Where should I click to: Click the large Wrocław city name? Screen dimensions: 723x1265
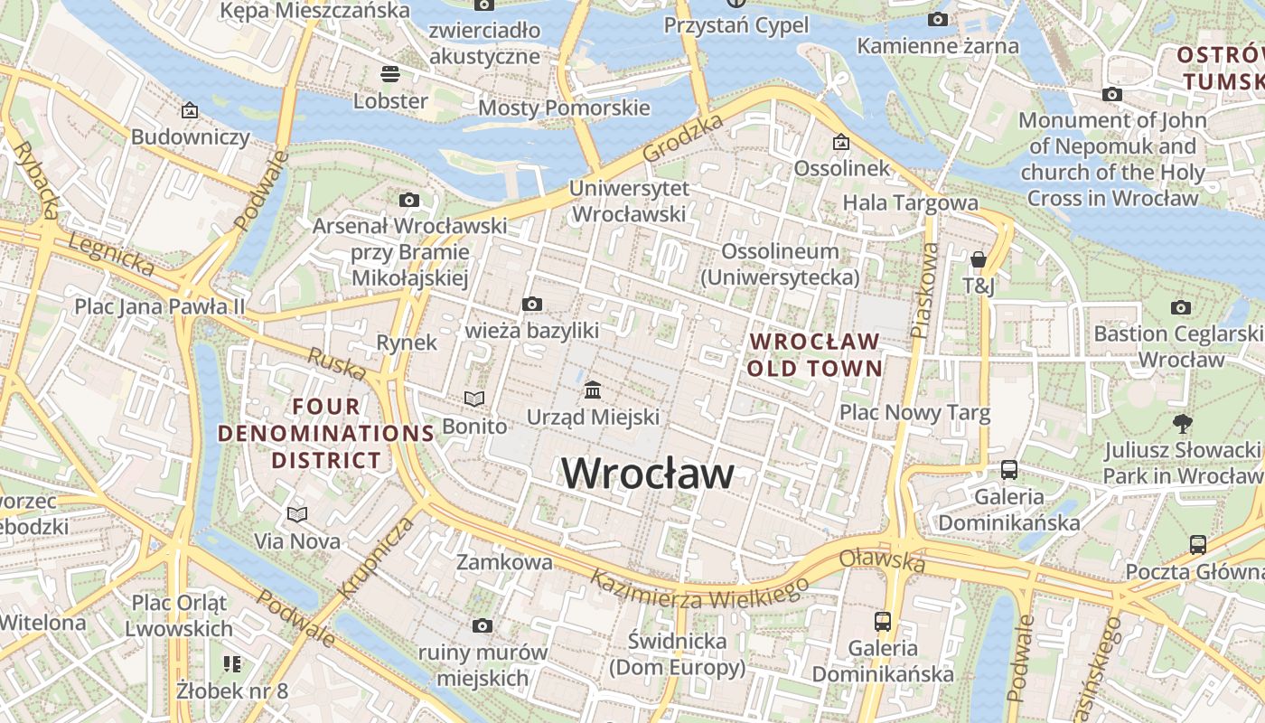coord(648,473)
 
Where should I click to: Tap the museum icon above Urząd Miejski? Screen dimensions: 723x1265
coord(594,390)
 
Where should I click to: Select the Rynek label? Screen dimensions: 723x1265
coord(407,343)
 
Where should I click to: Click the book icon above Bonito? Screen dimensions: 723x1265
coord(474,399)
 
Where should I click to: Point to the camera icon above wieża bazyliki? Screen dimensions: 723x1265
coord(532,305)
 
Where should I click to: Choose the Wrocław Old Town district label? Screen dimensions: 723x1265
coord(815,354)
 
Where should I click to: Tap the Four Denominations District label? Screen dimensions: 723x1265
coord(326,433)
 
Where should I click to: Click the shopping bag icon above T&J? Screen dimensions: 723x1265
coord(978,260)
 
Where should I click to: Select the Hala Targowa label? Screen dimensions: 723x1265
coord(910,202)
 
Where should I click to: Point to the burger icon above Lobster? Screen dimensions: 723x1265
coord(390,73)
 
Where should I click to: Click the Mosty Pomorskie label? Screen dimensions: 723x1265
coord(564,108)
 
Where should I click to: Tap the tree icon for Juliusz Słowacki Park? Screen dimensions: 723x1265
coord(1181,423)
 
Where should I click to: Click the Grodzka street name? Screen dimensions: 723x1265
coord(683,138)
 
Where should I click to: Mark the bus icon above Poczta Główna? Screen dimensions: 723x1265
coord(1198,544)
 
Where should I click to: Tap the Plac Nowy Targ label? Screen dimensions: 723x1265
coord(915,413)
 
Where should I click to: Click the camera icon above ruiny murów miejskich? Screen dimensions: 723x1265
coord(483,625)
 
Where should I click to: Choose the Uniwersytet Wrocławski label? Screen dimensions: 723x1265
coord(630,202)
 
